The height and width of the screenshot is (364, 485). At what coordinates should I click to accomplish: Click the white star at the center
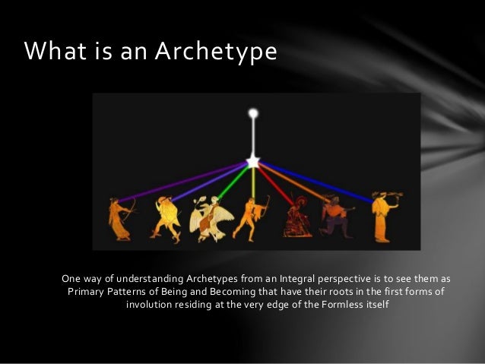pos(253,161)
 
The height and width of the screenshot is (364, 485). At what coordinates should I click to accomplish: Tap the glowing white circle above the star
pos(253,114)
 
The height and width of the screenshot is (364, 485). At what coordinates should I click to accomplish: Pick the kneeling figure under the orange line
pos(334,216)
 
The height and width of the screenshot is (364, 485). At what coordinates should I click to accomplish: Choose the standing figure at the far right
pos(384,217)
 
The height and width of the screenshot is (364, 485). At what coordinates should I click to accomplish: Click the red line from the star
pos(273,183)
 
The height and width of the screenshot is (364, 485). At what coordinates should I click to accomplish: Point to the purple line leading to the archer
pos(182,182)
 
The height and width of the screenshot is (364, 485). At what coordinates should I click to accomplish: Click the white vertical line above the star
pos(253,137)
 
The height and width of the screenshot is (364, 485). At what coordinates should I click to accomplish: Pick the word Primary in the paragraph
pos(89,292)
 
